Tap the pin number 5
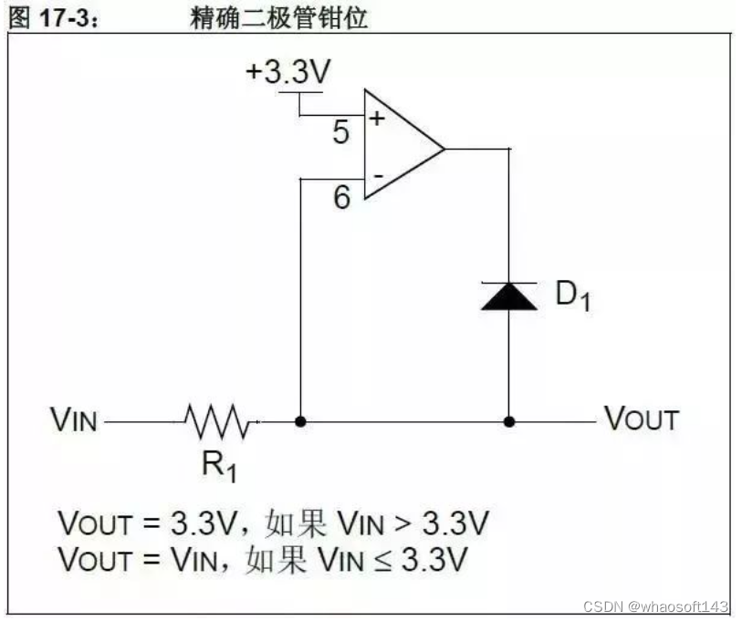click(340, 133)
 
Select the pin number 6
click(341, 196)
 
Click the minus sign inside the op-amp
click(375, 174)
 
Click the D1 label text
click(572, 296)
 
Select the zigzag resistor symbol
click(217, 422)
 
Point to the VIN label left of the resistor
click(74, 422)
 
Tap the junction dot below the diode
click(509, 422)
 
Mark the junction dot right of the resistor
click(300, 422)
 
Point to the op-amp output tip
click(444, 148)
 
